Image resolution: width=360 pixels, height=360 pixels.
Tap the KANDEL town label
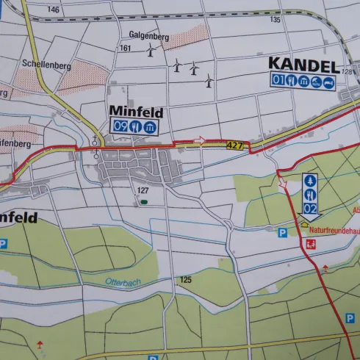303,65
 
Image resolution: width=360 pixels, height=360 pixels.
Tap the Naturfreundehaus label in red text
330,231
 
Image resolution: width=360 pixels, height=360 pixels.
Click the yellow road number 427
234,145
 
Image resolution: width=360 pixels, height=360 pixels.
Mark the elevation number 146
53,10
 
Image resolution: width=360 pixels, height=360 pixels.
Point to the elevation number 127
143,190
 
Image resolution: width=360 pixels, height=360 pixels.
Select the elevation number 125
185,280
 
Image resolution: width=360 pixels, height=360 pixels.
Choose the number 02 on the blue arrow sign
310,209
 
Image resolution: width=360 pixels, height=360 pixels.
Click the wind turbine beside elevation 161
151,51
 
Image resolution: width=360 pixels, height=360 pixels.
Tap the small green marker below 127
144,201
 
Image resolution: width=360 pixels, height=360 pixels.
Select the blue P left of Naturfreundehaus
283,232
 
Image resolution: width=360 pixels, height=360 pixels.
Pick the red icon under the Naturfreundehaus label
310,245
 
